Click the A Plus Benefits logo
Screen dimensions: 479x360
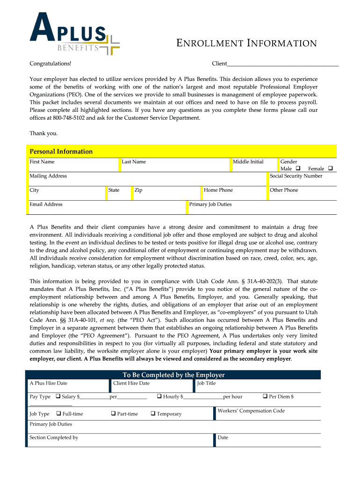click(x=74, y=34)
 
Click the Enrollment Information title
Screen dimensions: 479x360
click(x=246, y=44)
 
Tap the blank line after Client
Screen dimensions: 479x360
click(x=282, y=64)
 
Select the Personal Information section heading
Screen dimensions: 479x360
click(x=61, y=152)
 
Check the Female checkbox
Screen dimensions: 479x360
click(x=330, y=168)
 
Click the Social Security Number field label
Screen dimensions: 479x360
click(x=296, y=176)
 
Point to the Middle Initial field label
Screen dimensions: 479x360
click(x=248, y=162)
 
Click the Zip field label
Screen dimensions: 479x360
click(x=138, y=190)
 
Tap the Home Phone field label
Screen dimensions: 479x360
click(x=218, y=190)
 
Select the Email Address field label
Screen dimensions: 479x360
click(x=46, y=204)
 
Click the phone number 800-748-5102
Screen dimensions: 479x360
click(x=69, y=118)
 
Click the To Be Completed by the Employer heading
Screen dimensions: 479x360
click(x=173, y=375)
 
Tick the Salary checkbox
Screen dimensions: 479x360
click(x=58, y=396)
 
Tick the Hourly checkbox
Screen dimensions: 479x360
click(x=159, y=396)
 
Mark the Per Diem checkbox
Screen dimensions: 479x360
click(x=265, y=396)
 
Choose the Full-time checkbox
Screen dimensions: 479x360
click(x=59, y=414)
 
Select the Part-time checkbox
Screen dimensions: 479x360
click(x=114, y=414)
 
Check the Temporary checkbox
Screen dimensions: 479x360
click(x=153, y=414)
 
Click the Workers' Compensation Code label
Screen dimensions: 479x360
click(x=251, y=411)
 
